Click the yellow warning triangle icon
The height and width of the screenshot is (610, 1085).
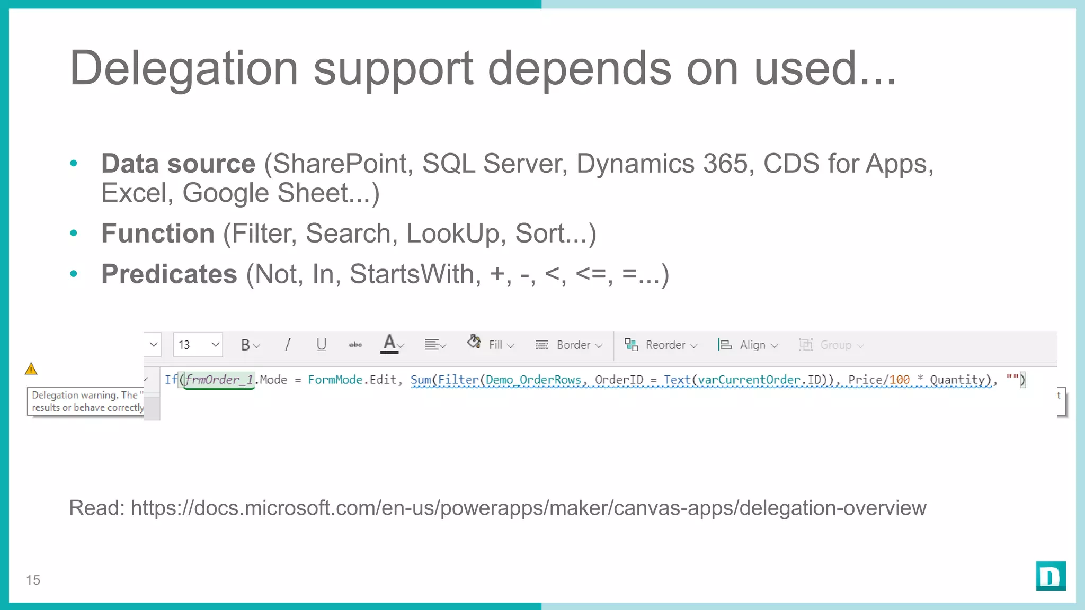31,369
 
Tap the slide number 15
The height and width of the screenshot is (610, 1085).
33,580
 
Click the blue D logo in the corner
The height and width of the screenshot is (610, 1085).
1051,576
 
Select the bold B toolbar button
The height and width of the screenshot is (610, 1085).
246,345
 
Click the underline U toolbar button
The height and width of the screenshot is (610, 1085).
321,345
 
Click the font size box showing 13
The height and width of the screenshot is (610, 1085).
197,345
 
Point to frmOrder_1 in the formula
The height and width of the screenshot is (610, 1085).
219,380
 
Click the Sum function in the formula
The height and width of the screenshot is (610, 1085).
421,380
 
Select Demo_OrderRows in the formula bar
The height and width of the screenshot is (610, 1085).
533,380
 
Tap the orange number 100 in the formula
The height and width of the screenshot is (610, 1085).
899,380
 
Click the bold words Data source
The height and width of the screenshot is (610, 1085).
178,164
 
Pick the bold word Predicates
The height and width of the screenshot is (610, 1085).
169,274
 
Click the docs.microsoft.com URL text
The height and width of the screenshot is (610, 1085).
528,508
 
